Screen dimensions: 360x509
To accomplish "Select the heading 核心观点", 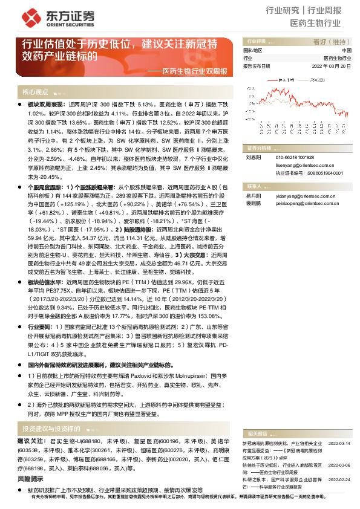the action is click(35, 92).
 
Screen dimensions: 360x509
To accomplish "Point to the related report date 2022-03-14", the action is click(339, 443).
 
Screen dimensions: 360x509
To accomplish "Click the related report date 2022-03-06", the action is click(339, 464).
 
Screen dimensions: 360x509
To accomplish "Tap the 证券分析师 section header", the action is click(258, 148).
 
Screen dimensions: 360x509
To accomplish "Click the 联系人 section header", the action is click(254, 186).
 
